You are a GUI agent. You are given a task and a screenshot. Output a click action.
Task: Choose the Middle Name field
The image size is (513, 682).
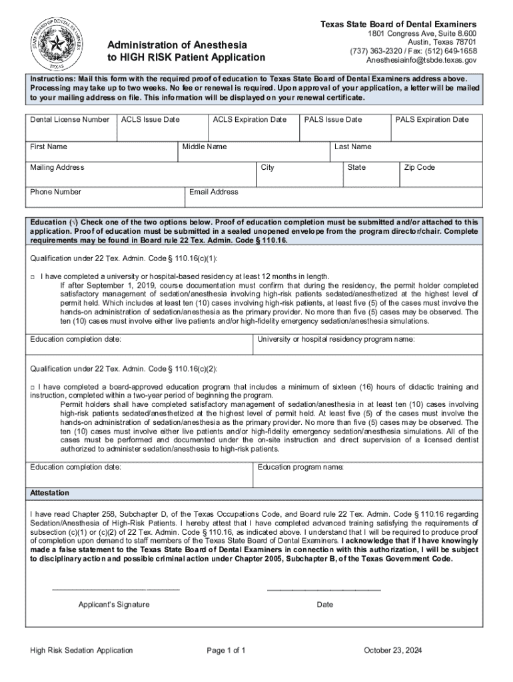(x=255, y=153)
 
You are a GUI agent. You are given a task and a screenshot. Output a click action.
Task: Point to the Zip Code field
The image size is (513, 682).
(x=440, y=174)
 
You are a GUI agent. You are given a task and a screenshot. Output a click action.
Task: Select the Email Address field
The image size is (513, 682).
(x=333, y=197)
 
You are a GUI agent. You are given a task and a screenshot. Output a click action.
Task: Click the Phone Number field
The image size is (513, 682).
(x=105, y=197)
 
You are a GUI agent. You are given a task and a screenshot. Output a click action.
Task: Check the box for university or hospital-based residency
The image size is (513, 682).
(x=33, y=276)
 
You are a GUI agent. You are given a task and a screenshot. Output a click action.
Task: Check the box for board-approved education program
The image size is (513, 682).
(x=33, y=387)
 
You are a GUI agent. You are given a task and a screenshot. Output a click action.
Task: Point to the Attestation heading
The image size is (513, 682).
(x=49, y=494)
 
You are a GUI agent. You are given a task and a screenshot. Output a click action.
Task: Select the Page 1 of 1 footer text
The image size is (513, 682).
(x=227, y=651)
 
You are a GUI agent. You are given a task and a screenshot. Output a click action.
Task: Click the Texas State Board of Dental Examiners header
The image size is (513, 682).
(x=398, y=25)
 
